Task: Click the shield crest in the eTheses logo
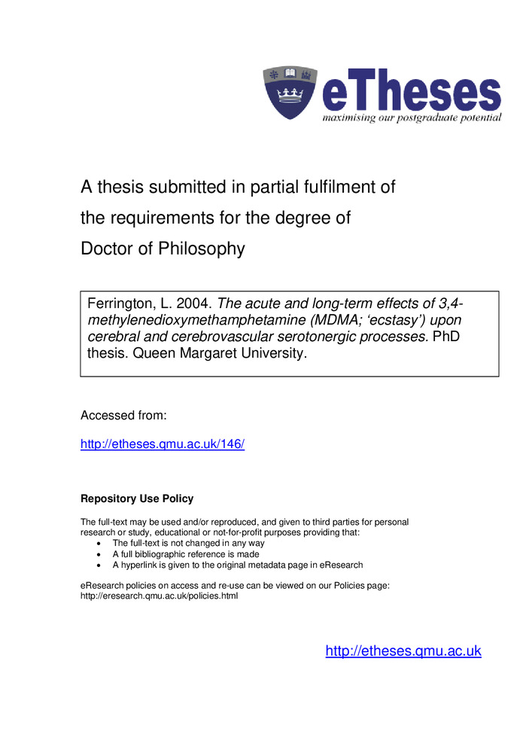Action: tap(290, 93)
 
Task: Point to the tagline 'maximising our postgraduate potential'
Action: tap(412, 118)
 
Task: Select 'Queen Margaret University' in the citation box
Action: tap(220, 353)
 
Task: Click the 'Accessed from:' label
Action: tap(123, 415)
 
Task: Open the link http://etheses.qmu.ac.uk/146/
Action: tap(163, 444)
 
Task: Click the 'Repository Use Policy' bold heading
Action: tap(137, 498)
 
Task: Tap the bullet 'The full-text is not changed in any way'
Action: tap(189, 543)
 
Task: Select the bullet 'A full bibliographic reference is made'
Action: tap(186, 554)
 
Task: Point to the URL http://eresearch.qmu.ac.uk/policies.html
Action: tap(159, 596)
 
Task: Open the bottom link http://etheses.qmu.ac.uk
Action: tap(403, 651)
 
